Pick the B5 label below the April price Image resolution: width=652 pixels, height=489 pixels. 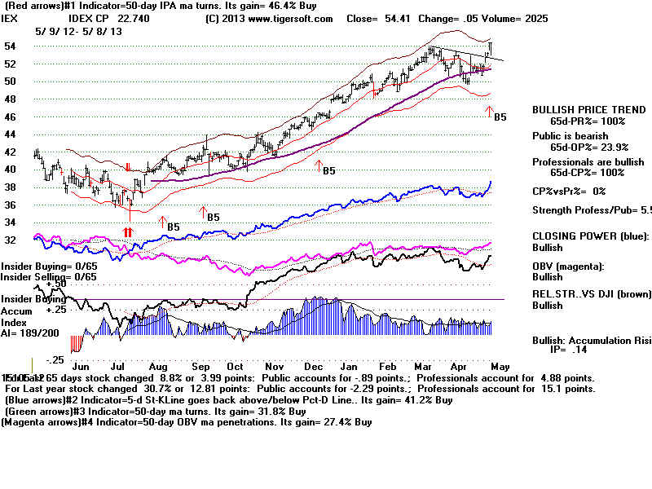(x=500, y=117)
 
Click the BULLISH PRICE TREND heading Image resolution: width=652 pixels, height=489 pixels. (x=579, y=109)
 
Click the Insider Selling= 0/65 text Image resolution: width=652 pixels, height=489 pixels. (x=49, y=277)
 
